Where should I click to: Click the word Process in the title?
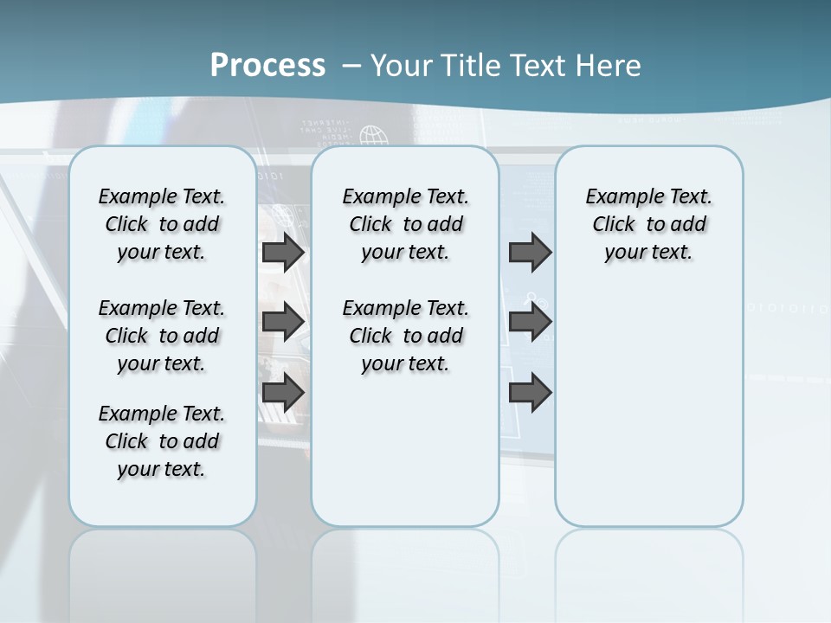pyautogui.click(x=267, y=66)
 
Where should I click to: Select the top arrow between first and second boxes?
pyautogui.click(x=283, y=253)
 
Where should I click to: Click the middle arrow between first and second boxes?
pyautogui.click(x=283, y=322)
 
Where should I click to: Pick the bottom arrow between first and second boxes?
pyautogui.click(x=283, y=392)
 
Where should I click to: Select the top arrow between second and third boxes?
pyautogui.click(x=530, y=253)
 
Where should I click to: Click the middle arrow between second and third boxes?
pyautogui.click(x=530, y=322)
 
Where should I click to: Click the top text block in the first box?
pyautogui.click(x=162, y=224)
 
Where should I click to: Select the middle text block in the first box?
pyautogui.click(x=162, y=336)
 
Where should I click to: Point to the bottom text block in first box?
pyautogui.click(x=162, y=441)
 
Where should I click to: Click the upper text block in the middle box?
pyautogui.click(x=405, y=224)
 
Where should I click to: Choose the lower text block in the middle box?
pyautogui.click(x=405, y=336)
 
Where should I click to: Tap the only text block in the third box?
pyautogui.click(x=648, y=224)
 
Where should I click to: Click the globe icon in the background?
pyautogui.click(x=374, y=136)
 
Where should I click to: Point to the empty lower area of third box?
pyautogui.click(x=648, y=407)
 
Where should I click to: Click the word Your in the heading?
pyautogui.click(x=398, y=66)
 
